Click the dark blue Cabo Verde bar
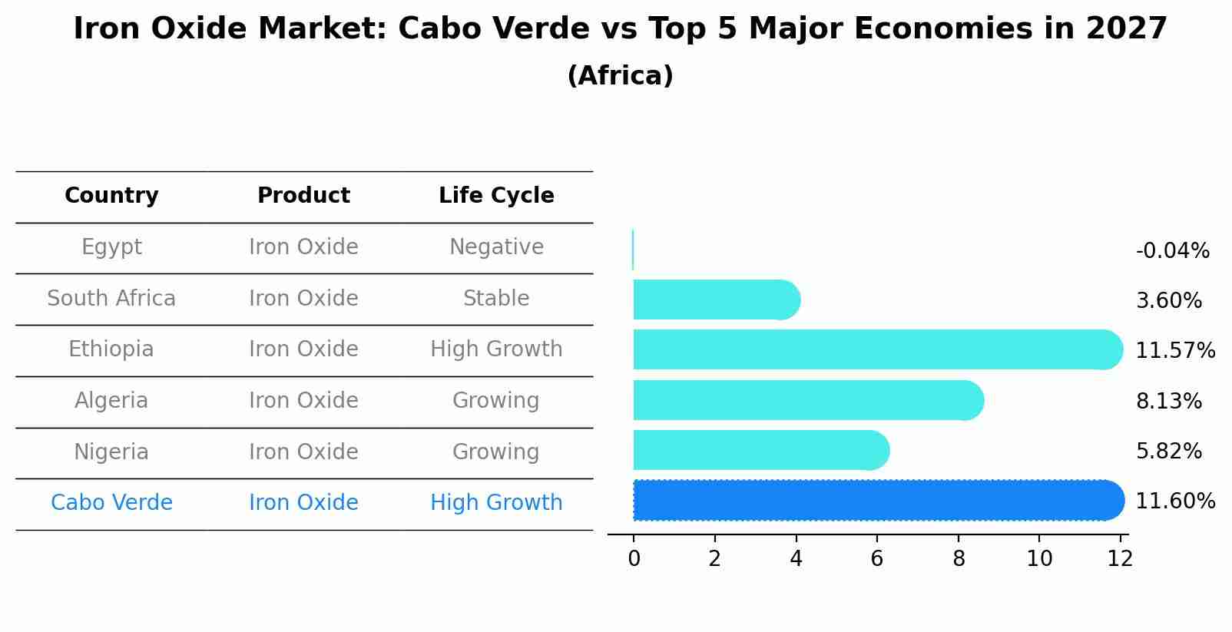pos(876,501)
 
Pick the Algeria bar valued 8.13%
pos(806,400)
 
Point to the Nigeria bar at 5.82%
pos(760,450)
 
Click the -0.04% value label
pos(1172,251)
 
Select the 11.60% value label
pos(1175,501)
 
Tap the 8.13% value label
pos(1168,401)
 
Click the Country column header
pos(111,196)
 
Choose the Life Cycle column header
pos(496,196)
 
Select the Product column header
pos(303,196)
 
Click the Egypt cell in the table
pos(111,247)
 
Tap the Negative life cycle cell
pos(496,247)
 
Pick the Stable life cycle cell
pos(496,298)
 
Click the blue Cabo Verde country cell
pos(111,503)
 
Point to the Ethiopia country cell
pos(111,349)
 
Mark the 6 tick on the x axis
pos(877,558)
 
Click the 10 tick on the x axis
pos(1039,558)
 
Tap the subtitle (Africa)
pos(620,76)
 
